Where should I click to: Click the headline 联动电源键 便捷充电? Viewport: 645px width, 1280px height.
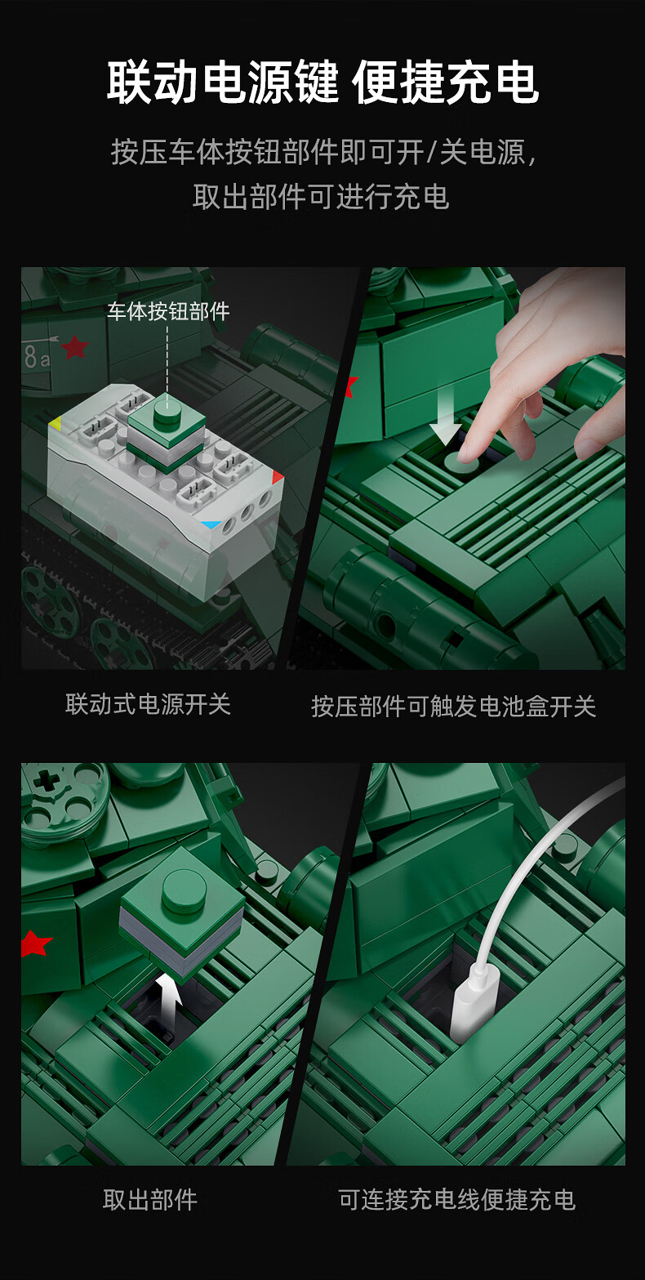pos(322,83)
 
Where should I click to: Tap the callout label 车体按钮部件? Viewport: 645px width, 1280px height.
pos(168,311)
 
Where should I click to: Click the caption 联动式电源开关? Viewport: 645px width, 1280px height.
pos(148,704)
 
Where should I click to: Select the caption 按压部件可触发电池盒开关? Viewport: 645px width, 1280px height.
pos(454,707)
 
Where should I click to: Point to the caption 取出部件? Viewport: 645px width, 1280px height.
pos(150,1200)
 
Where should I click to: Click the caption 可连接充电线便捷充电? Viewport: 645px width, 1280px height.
pos(456,1200)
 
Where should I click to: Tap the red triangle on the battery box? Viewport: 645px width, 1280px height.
pos(278,476)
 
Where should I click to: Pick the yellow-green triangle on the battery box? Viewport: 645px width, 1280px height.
pos(55,424)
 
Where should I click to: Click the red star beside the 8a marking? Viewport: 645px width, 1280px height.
pos(75,347)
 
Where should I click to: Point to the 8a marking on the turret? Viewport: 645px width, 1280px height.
pos(37,357)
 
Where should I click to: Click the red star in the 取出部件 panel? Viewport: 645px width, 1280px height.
pos(34,943)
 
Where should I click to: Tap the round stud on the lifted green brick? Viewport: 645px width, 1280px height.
pos(184,890)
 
